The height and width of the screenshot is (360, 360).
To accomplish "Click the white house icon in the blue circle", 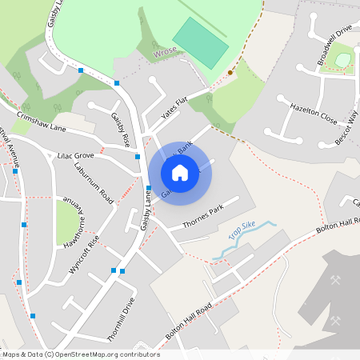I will click(x=180, y=172).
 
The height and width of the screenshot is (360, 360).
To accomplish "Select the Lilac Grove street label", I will click(x=75, y=155).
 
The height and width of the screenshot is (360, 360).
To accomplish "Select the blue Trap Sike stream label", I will click(x=242, y=231).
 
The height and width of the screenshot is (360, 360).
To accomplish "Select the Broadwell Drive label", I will click(x=334, y=45).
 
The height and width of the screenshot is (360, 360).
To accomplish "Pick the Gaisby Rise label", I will click(x=120, y=129).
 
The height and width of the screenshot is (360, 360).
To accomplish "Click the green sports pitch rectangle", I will click(x=201, y=42).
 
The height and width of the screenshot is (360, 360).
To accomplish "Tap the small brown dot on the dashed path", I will click(x=230, y=73).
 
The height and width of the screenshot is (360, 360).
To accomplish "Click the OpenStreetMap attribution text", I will click(x=80, y=354).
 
